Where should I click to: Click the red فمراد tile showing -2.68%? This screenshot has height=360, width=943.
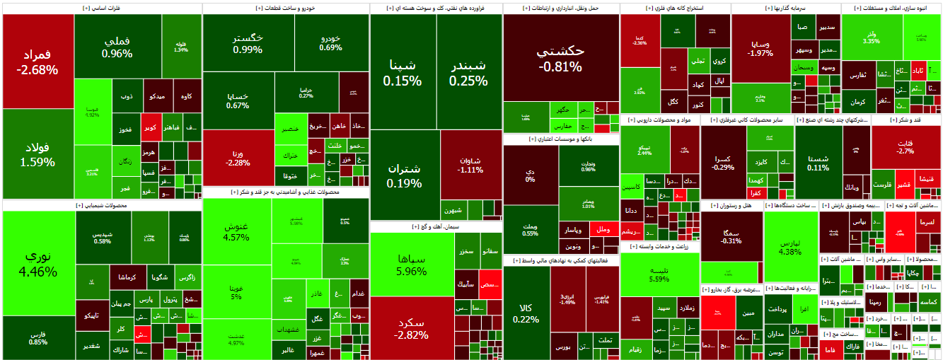[x=38, y=62]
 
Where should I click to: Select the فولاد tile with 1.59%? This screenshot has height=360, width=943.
[x=38, y=154]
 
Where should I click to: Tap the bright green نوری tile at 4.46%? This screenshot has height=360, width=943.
[x=38, y=263]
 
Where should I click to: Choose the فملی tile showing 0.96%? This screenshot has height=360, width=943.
[x=117, y=47]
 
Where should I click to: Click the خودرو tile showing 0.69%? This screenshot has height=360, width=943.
[x=331, y=42]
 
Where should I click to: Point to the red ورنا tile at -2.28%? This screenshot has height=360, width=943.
[x=238, y=157]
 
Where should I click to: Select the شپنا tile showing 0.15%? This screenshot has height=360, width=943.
[x=403, y=72]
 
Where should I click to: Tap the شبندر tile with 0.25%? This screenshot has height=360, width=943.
[x=469, y=72]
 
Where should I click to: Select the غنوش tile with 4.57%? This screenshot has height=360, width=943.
[x=236, y=231]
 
